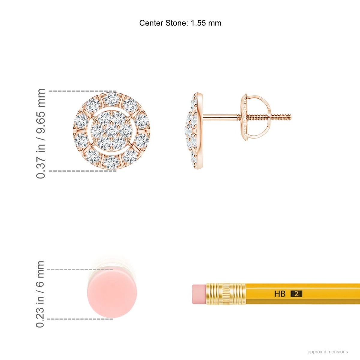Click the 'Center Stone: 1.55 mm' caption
[x=180, y=23]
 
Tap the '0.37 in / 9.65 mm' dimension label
[x=40, y=133]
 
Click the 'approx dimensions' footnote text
[x=328, y=352]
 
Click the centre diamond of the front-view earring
[x=112, y=131]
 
